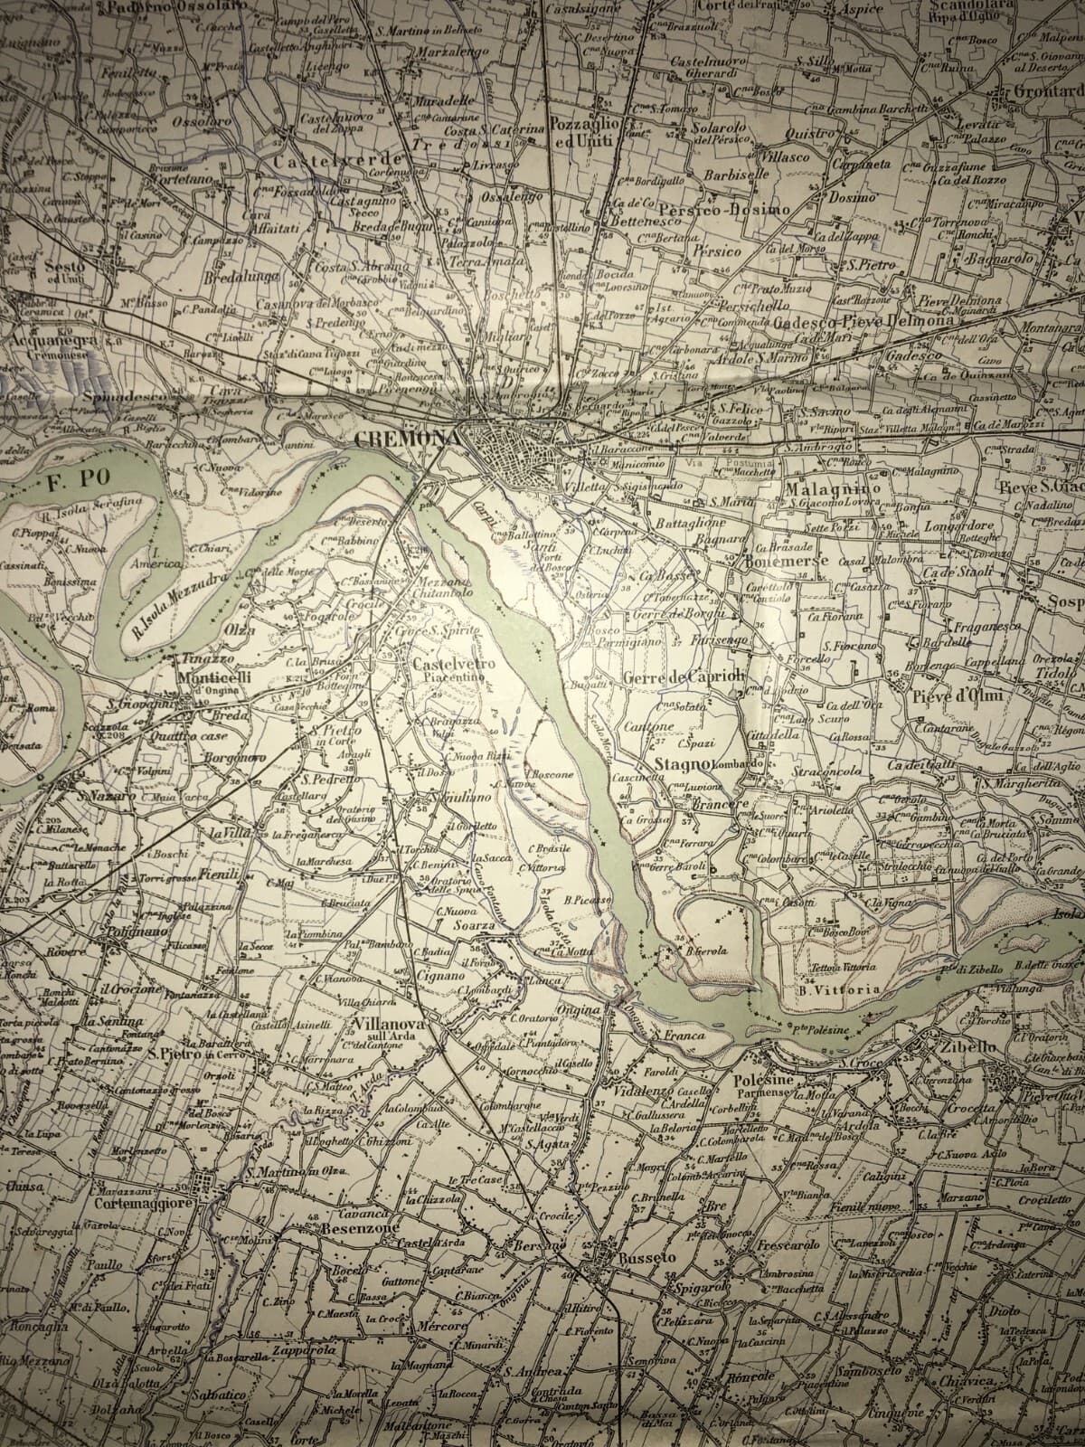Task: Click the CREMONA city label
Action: point(408,438)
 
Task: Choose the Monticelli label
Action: point(214,676)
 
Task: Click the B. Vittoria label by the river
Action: point(839,989)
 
